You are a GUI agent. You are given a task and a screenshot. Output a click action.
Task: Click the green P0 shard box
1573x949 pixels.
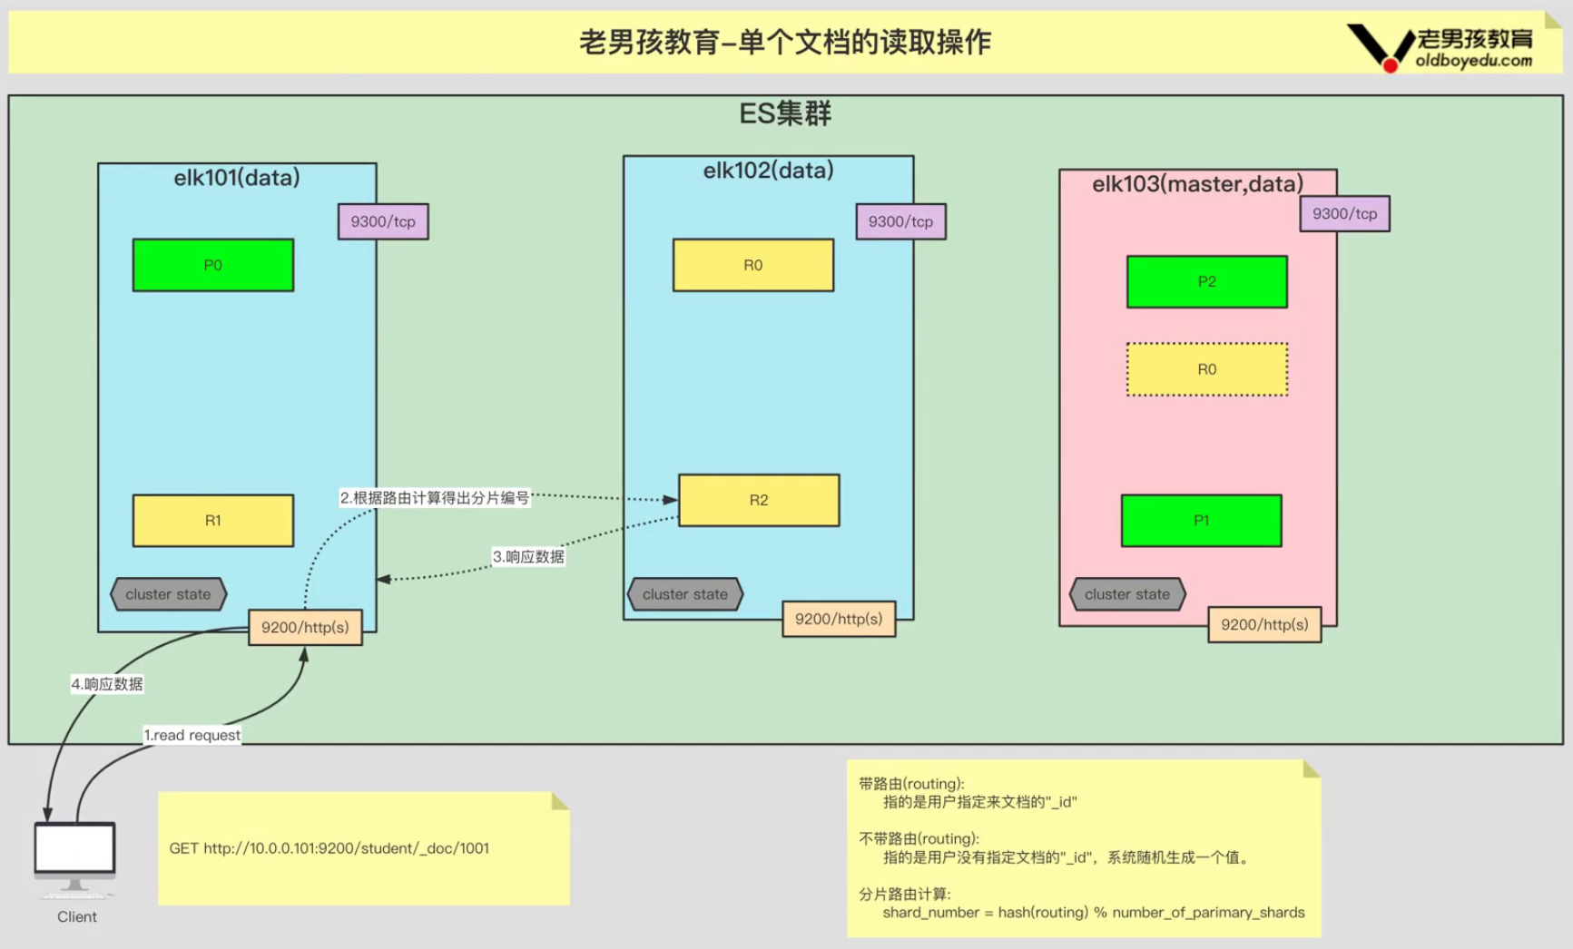click(x=213, y=265)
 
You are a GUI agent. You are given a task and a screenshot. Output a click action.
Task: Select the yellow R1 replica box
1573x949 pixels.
click(x=213, y=521)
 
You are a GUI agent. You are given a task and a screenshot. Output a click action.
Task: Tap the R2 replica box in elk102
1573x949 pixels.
click(x=759, y=500)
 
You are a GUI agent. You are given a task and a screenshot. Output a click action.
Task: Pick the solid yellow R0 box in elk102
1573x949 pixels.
click(x=753, y=265)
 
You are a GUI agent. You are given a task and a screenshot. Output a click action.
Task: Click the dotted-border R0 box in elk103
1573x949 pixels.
click(x=1207, y=369)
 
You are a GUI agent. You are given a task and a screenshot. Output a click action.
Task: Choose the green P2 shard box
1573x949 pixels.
click(x=1207, y=281)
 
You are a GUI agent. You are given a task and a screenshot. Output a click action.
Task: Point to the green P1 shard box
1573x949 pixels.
click(x=1202, y=521)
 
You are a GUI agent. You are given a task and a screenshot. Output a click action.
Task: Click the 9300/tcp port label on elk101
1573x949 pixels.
click(x=383, y=221)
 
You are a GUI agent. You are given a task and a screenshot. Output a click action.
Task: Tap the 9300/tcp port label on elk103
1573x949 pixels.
click(x=1344, y=214)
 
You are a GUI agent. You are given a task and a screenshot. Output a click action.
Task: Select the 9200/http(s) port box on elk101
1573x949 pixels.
click(x=305, y=627)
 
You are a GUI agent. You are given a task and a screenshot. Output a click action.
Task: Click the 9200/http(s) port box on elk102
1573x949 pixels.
click(x=839, y=619)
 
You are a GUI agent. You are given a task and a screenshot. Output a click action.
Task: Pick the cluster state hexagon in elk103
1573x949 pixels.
click(x=1127, y=594)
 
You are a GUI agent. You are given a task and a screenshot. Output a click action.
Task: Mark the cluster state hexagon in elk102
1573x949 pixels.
click(x=685, y=594)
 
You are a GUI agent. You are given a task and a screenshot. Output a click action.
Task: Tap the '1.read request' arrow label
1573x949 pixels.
click(x=192, y=735)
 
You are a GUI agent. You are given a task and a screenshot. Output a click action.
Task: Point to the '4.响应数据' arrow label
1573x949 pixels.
click(x=107, y=684)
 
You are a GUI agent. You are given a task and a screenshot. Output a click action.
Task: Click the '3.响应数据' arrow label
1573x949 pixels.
click(x=528, y=556)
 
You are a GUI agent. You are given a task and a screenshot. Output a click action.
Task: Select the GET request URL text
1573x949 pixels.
click(x=329, y=848)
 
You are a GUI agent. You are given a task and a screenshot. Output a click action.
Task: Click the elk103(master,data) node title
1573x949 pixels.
click(x=1197, y=184)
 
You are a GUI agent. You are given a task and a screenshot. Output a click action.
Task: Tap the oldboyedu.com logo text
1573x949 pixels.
click(x=1473, y=61)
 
